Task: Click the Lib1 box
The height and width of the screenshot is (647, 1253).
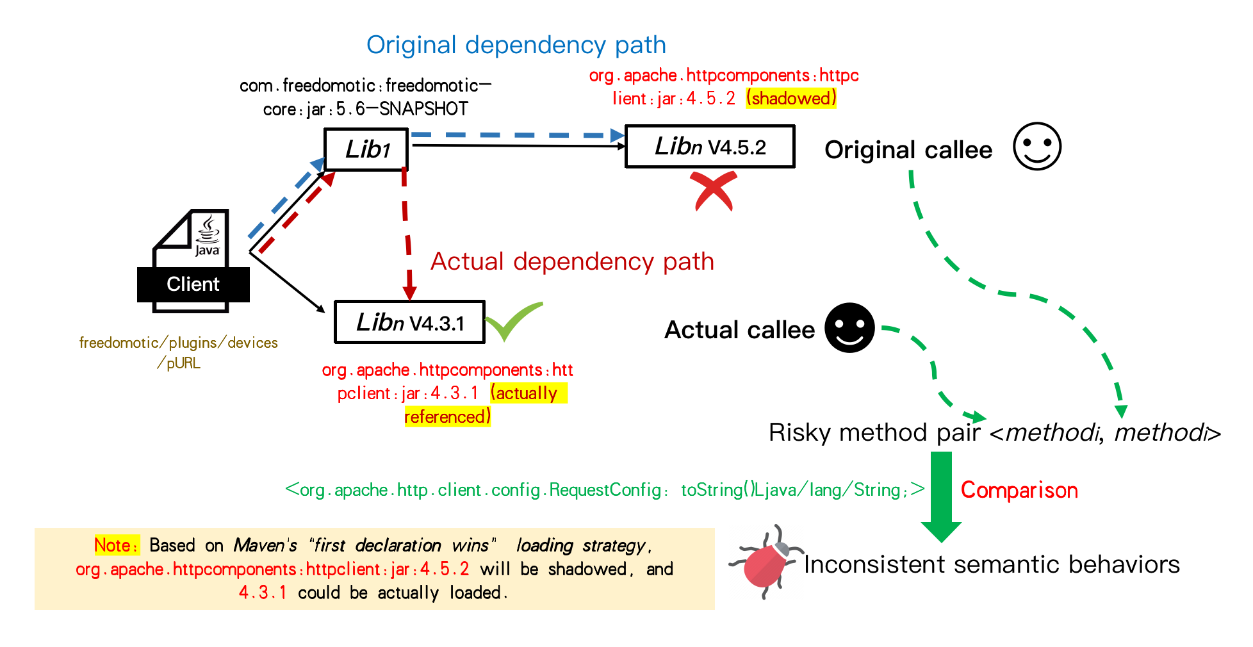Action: pos(366,149)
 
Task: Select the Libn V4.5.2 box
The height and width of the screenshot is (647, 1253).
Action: pos(709,147)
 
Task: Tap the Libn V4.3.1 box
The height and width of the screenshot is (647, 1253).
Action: pos(409,322)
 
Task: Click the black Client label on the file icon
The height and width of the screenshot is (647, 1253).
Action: pos(193,284)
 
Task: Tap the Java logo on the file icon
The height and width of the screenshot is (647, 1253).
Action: pos(208,236)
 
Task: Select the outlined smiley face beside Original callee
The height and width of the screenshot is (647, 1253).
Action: pos(1036,147)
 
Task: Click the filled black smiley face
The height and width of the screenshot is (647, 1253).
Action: pos(849,328)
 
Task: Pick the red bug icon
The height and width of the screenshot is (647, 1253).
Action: pos(766,563)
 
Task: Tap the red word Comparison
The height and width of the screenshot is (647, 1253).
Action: pos(1019,490)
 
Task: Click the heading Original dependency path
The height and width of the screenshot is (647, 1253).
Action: pos(516,45)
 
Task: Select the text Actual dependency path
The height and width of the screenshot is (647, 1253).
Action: pos(571,261)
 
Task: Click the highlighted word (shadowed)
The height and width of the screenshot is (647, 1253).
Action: pos(790,98)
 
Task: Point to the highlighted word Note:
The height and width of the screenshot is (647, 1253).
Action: pos(116,545)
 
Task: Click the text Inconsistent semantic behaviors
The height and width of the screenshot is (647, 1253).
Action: pos(991,564)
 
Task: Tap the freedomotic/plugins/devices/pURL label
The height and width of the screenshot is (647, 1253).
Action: pos(178,352)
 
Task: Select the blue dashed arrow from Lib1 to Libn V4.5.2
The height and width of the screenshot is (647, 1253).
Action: pos(516,135)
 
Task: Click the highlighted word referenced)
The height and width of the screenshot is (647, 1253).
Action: pos(447,416)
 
